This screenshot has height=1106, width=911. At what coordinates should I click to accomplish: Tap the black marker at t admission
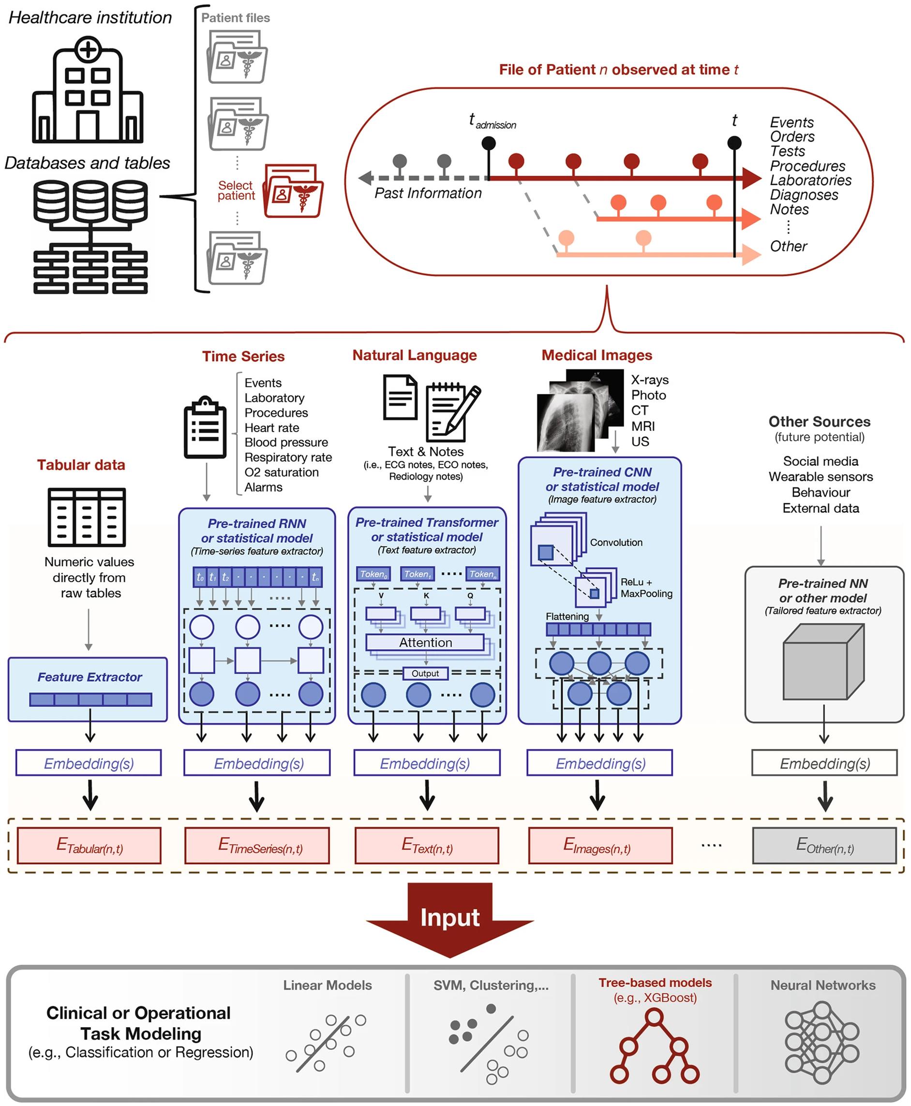click(x=489, y=143)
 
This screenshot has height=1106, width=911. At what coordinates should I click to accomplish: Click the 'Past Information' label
click(x=428, y=193)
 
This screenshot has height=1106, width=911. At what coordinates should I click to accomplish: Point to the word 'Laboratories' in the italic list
click(x=810, y=180)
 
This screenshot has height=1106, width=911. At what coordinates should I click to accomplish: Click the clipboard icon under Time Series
click(x=205, y=428)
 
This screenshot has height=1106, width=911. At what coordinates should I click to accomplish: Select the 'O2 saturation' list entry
click(x=281, y=472)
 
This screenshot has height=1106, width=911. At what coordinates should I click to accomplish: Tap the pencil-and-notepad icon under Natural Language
click(x=452, y=412)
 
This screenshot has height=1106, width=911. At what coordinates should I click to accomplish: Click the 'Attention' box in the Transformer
click(x=425, y=642)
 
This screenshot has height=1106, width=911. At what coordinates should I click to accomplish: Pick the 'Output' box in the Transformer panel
click(x=425, y=673)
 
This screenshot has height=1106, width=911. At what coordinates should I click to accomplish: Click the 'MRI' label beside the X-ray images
click(x=642, y=426)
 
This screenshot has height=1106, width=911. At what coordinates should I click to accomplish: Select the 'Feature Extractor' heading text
click(x=90, y=677)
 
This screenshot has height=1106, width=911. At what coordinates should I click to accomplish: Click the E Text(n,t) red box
click(x=427, y=845)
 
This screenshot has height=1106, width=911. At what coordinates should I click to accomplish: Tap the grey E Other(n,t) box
click(x=824, y=845)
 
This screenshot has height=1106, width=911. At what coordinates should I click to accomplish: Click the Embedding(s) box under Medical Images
click(x=599, y=763)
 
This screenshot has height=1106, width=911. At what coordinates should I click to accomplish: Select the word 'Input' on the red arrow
click(x=450, y=917)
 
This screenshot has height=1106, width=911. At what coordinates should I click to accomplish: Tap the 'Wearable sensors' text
click(x=820, y=477)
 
